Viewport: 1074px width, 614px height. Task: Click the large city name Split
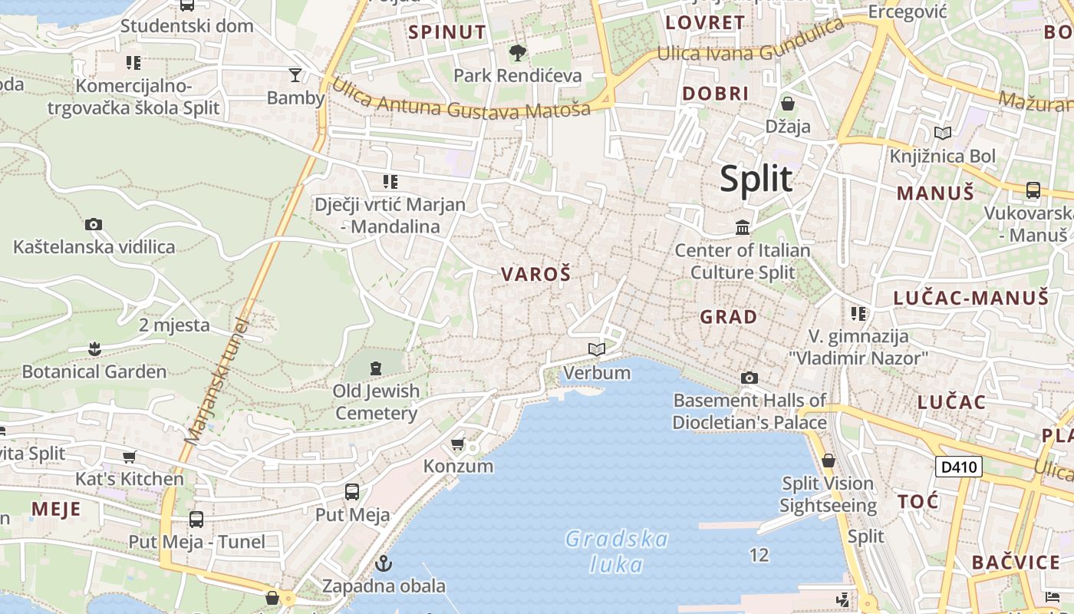point(756,179)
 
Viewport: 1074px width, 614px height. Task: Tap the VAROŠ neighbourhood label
point(536,274)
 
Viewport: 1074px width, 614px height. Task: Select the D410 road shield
point(959,467)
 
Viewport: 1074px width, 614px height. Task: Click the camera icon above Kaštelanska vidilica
point(94,225)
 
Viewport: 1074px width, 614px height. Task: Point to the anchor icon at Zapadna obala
point(384,564)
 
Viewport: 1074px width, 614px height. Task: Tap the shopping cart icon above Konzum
point(458,444)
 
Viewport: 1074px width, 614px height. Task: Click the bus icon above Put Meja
point(352,492)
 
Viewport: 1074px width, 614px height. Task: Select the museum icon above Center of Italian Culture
point(743,227)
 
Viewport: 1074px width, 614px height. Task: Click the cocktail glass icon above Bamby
point(295,74)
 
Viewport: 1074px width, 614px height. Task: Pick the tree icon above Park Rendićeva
point(518,52)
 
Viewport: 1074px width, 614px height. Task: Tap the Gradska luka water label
point(617,552)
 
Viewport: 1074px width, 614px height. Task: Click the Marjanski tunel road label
point(218,381)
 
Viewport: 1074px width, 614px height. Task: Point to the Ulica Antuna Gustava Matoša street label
point(460,99)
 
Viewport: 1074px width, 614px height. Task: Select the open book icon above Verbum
point(597,350)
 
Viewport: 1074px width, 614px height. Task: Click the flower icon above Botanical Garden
point(94,349)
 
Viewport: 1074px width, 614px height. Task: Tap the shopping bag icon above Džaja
point(788,104)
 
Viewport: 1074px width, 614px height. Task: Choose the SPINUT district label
point(447,32)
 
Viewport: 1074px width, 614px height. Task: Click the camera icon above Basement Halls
point(749,378)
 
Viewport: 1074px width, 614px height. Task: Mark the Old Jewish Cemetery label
point(377,402)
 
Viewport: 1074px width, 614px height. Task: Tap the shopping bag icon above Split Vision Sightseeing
point(829,461)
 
